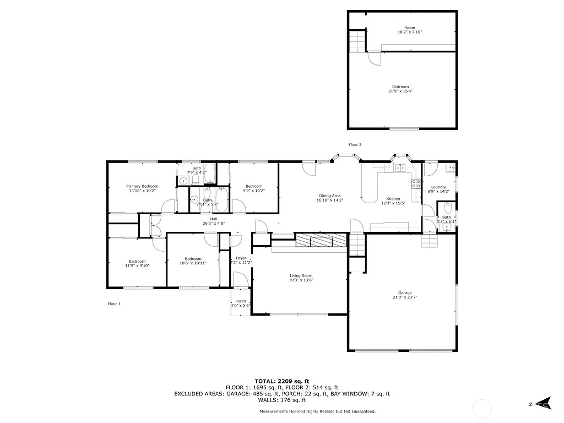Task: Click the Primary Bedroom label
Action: pos(142,186)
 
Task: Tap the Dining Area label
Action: pos(330,196)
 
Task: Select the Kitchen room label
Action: pos(393,199)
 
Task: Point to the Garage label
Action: pos(405,293)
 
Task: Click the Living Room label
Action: pos(301,275)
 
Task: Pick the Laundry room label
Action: pos(438,187)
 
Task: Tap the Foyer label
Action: pos(241,258)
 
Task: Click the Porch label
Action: pos(241,301)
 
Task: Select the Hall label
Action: pos(213,219)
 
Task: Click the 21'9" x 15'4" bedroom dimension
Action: pos(400,91)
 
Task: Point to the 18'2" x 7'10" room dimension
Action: pos(410,32)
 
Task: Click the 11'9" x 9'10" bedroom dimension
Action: pos(137,265)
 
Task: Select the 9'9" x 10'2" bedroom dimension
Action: pos(254,191)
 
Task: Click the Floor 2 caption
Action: pos(355,144)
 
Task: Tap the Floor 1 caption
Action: pos(114,303)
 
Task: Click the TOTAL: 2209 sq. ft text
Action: pos(281,381)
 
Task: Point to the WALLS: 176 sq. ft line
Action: pos(281,400)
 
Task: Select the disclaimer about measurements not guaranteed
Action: pos(318,411)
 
